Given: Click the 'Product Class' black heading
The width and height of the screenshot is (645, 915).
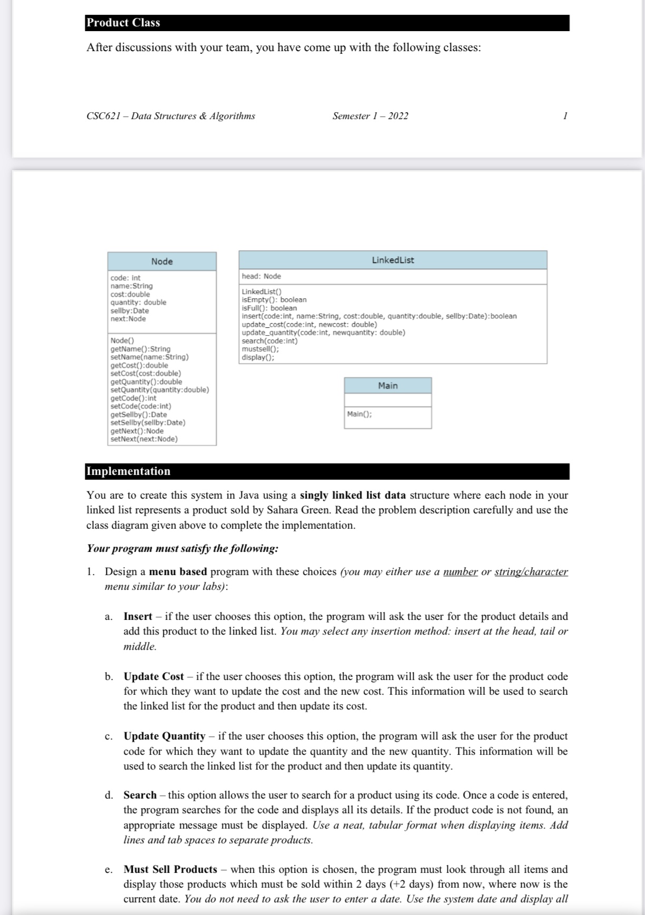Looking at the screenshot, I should [123, 23].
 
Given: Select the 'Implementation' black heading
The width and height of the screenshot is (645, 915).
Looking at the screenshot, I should [129, 471].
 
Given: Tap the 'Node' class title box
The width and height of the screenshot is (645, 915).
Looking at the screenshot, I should [162, 261].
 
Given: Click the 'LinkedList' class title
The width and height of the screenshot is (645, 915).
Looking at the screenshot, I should [393, 260].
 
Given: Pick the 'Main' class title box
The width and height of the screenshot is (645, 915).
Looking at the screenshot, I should [388, 386].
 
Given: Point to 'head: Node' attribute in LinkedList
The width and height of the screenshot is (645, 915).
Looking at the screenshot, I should [261, 276].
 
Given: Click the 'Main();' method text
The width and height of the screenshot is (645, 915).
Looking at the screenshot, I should [359, 414].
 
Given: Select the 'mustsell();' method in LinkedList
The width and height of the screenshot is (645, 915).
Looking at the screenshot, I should [260, 349].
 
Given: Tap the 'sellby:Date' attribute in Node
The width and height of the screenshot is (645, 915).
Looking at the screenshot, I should [130, 310].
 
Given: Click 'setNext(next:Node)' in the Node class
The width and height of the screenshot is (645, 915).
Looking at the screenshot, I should [144, 439].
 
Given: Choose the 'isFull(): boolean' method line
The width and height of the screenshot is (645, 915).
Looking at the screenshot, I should [269, 308].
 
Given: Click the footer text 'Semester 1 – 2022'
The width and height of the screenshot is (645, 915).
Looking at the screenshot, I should [370, 116].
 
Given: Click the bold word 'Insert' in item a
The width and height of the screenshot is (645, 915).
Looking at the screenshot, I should [138, 616].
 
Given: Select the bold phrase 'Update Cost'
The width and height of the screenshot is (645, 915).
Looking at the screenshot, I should [153, 676].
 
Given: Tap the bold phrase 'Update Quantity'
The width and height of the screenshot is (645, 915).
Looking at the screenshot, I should [164, 736].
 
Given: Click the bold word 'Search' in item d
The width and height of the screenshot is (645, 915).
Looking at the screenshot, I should [140, 795].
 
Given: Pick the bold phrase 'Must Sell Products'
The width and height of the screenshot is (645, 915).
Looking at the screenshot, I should [170, 869].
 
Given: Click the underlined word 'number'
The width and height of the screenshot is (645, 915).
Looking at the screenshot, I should [461, 572].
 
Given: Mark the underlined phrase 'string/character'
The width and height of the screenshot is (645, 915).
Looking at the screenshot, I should [531, 572].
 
